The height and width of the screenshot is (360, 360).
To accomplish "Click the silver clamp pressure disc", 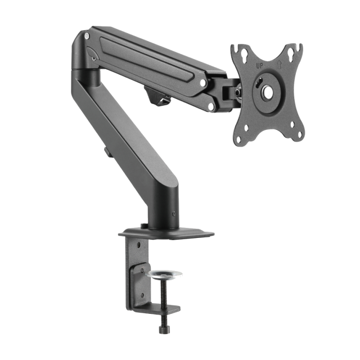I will [165, 274].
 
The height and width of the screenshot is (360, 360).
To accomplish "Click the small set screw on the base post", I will [175, 214].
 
